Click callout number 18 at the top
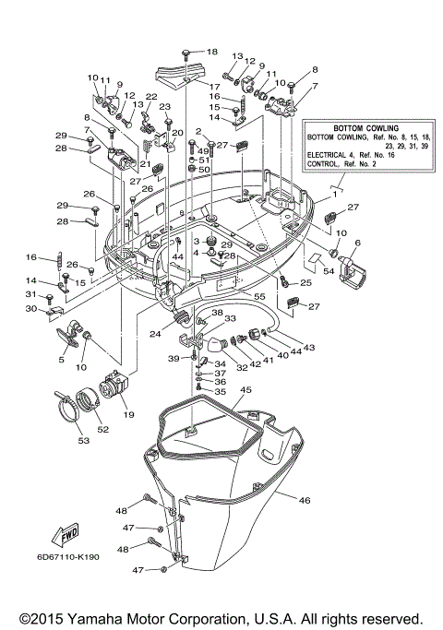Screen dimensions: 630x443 pyautogui.click(x=212, y=52)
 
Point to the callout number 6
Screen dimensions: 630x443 pyautogui.click(x=357, y=242)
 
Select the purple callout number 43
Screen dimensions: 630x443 pyautogui.click(x=309, y=348)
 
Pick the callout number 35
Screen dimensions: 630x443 pyautogui.click(x=220, y=392)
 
